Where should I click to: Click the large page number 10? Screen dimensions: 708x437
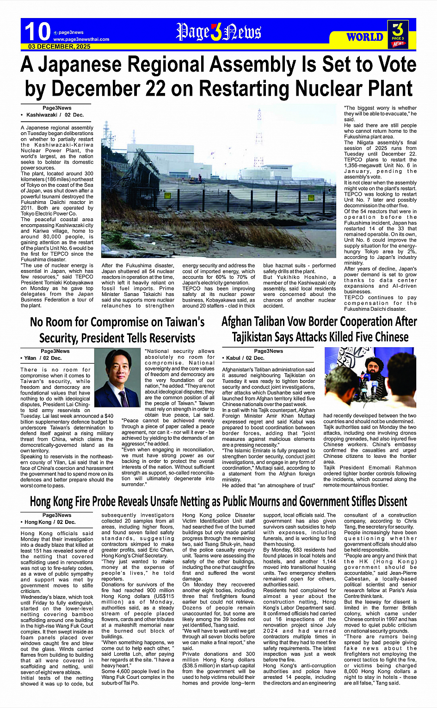coord(37,31)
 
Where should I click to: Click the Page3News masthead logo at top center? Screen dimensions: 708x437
coord(219,32)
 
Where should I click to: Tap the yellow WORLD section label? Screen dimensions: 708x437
coord(364,37)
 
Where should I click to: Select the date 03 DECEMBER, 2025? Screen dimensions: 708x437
coord(60,47)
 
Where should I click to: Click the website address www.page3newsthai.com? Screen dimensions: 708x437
coord(81,39)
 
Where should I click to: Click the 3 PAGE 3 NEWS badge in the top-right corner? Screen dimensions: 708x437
coord(398,34)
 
